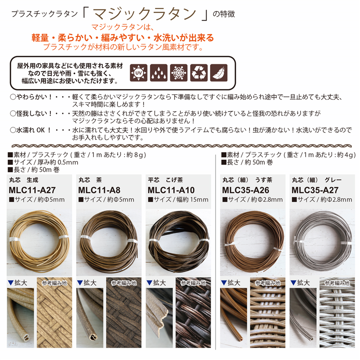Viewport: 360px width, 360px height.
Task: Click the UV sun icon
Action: (139, 72)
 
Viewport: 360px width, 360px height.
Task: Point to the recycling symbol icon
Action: (198, 72)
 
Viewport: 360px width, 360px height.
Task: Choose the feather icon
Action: (219, 72)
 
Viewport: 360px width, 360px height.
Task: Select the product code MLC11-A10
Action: (171, 189)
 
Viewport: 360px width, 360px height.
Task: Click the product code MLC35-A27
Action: (317, 189)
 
